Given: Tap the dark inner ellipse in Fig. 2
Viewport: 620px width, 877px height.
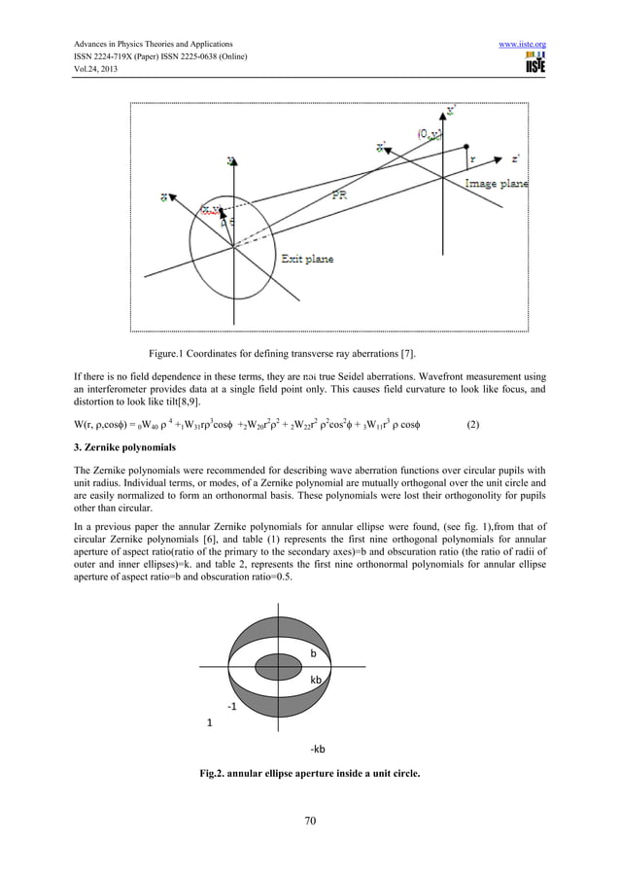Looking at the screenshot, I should [x=279, y=666].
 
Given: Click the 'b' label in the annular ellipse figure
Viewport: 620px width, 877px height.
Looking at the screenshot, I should [x=313, y=653].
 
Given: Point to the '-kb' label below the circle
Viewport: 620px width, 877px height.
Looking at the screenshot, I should [x=317, y=749].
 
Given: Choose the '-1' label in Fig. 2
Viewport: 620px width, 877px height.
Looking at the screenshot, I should [x=232, y=707].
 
